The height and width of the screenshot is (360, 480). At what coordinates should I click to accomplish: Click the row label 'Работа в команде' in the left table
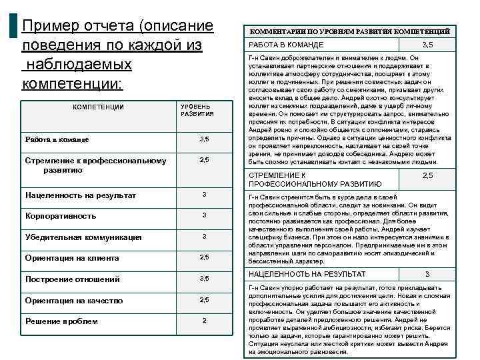click(x=57, y=140)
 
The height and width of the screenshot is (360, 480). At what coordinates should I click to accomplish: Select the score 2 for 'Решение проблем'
click(x=205, y=321)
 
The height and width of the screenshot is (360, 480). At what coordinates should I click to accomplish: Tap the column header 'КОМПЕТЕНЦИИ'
click(x=98, y=107)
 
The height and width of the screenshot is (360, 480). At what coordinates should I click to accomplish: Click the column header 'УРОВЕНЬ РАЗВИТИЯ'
click(x=197, y=110)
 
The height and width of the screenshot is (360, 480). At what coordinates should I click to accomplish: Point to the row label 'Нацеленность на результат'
click(x=81, y=195)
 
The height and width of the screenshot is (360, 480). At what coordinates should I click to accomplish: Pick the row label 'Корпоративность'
click(x=61, y=216)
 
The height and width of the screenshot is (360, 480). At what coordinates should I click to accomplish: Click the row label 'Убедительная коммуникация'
click(x=83, y=237)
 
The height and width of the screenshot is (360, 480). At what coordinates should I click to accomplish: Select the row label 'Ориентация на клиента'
click(x=72, y=258)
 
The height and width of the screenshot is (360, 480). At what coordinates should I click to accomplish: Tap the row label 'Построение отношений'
click(x=73, y=279)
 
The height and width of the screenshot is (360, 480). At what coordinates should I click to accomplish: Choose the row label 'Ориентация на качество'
click(x=74, y=301)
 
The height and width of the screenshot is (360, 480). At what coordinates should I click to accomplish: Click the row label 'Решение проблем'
click(x=61, y=321)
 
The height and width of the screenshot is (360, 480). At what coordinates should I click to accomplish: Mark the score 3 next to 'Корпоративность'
click(x=205, y=216)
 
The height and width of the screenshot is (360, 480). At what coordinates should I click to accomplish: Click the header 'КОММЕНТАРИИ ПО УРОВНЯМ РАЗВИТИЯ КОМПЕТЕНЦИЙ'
click(x=349, y=31)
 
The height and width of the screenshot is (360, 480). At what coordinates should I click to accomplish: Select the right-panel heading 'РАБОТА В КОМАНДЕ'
click(x=286, y=45)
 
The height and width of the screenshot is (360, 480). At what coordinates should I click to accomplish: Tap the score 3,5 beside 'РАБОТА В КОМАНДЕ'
click(x=428, y=45)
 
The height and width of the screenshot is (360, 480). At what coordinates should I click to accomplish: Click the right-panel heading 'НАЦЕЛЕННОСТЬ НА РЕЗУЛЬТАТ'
click(x=307, y=274)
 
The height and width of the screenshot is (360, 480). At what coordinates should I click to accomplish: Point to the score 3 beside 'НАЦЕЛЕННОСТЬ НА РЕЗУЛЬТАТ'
click(x=427, y=274)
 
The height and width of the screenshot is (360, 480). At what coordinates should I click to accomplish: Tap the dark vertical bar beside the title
click(x=14, y=27)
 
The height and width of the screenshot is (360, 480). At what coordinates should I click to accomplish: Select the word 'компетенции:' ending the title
click(x=72, y=85)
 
